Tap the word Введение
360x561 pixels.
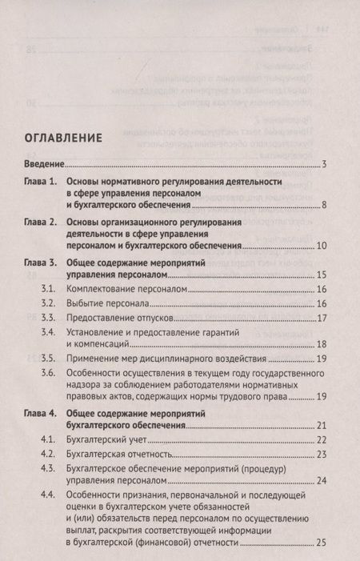(x=42, y=165)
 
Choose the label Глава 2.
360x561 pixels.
(x=41, y=220)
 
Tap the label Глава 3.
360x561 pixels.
(x=41, y=262)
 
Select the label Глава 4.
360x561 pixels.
(x=41, y=415)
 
